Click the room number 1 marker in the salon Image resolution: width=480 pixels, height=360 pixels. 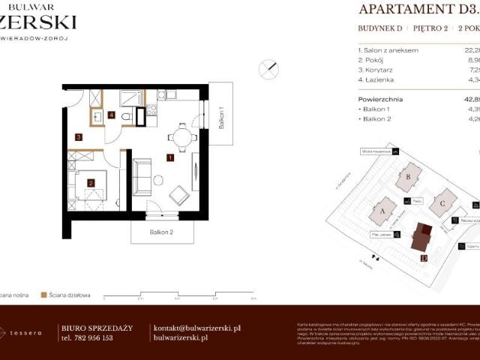pos(171,157)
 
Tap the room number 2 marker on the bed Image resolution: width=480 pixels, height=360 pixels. pos(90,182)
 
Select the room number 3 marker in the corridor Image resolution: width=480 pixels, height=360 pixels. pos(79,136)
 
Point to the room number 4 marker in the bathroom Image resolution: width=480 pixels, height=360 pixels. pos(110,115)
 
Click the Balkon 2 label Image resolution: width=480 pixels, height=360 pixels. pos(162,232)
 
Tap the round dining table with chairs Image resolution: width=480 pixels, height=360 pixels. pos(181,136)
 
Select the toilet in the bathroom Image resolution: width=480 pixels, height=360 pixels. pos(127,116)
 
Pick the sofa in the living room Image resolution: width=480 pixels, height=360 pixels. pos(141,177)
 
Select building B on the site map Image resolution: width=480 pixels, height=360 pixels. pos(409,178)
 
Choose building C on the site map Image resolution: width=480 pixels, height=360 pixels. pos(443,202)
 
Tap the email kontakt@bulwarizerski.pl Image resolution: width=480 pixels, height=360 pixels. pos(196,328)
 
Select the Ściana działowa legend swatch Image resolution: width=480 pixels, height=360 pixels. pos(44,295)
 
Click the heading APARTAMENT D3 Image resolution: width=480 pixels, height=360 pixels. pos(418,9)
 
